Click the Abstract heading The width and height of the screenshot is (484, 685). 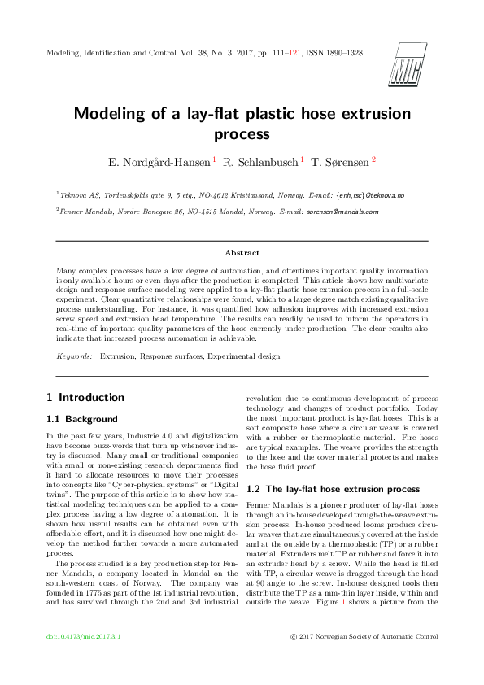(242, 253)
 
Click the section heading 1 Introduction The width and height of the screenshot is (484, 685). (85, 398)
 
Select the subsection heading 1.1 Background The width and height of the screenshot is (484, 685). (82, 419)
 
